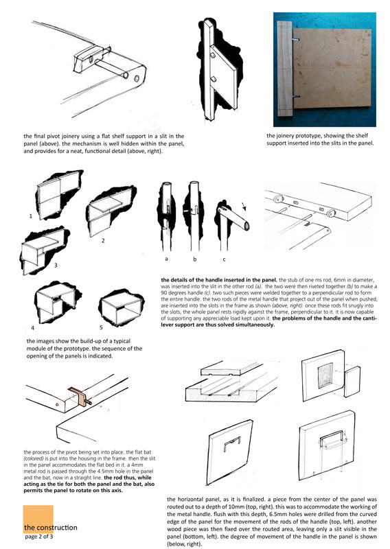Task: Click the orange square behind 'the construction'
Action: (38, 519)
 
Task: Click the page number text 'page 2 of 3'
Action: (39, 537)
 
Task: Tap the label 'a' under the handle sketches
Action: (166, 259)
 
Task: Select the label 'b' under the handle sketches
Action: (195, 259)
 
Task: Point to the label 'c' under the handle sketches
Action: (224, 259)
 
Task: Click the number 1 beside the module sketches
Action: (30, 216)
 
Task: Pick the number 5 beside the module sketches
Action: (101, 327)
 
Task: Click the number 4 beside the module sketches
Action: (32, 328)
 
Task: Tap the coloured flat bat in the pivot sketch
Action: (79, 397)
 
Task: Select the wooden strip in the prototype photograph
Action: (285, 68)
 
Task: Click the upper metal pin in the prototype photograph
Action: (297, 40)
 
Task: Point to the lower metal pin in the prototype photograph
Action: (296, 96)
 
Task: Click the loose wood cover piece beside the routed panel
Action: (352, 382)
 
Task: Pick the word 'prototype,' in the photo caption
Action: (309, 136)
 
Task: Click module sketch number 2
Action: (111, 212)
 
